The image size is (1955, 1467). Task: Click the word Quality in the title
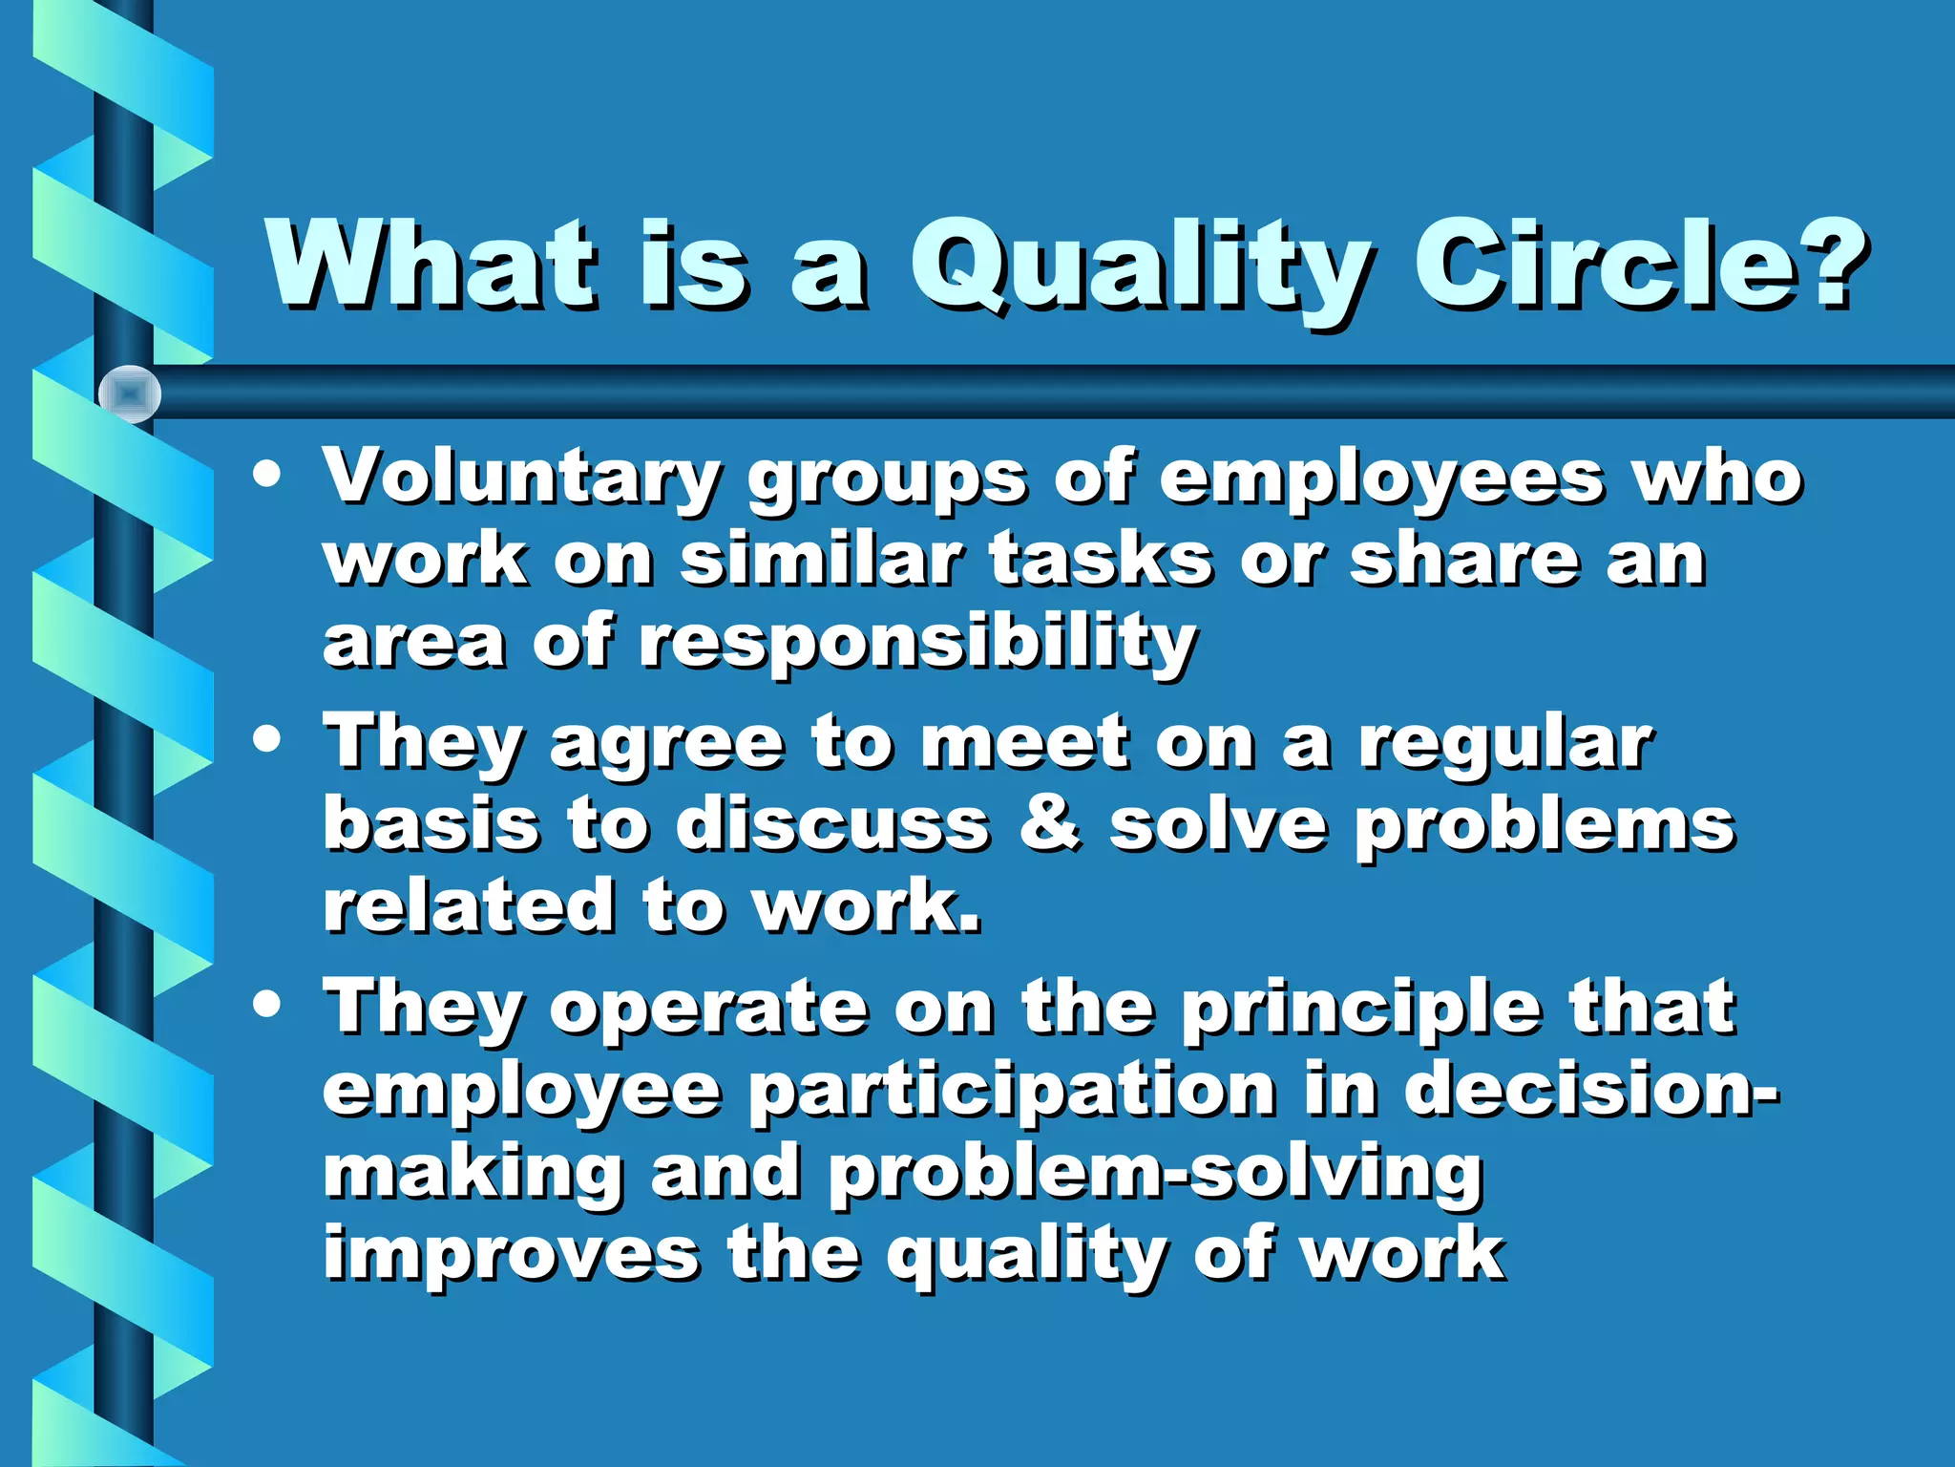[1141, 267]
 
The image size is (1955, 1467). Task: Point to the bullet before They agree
[268, 738]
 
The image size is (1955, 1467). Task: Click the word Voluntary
[521, 478]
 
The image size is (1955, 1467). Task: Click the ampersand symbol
[1050, 823]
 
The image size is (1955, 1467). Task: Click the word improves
[512, 1255]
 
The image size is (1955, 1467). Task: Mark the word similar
[821, 560]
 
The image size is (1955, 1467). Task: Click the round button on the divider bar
[130, 393]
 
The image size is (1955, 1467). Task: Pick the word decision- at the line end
[1590, 1089]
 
